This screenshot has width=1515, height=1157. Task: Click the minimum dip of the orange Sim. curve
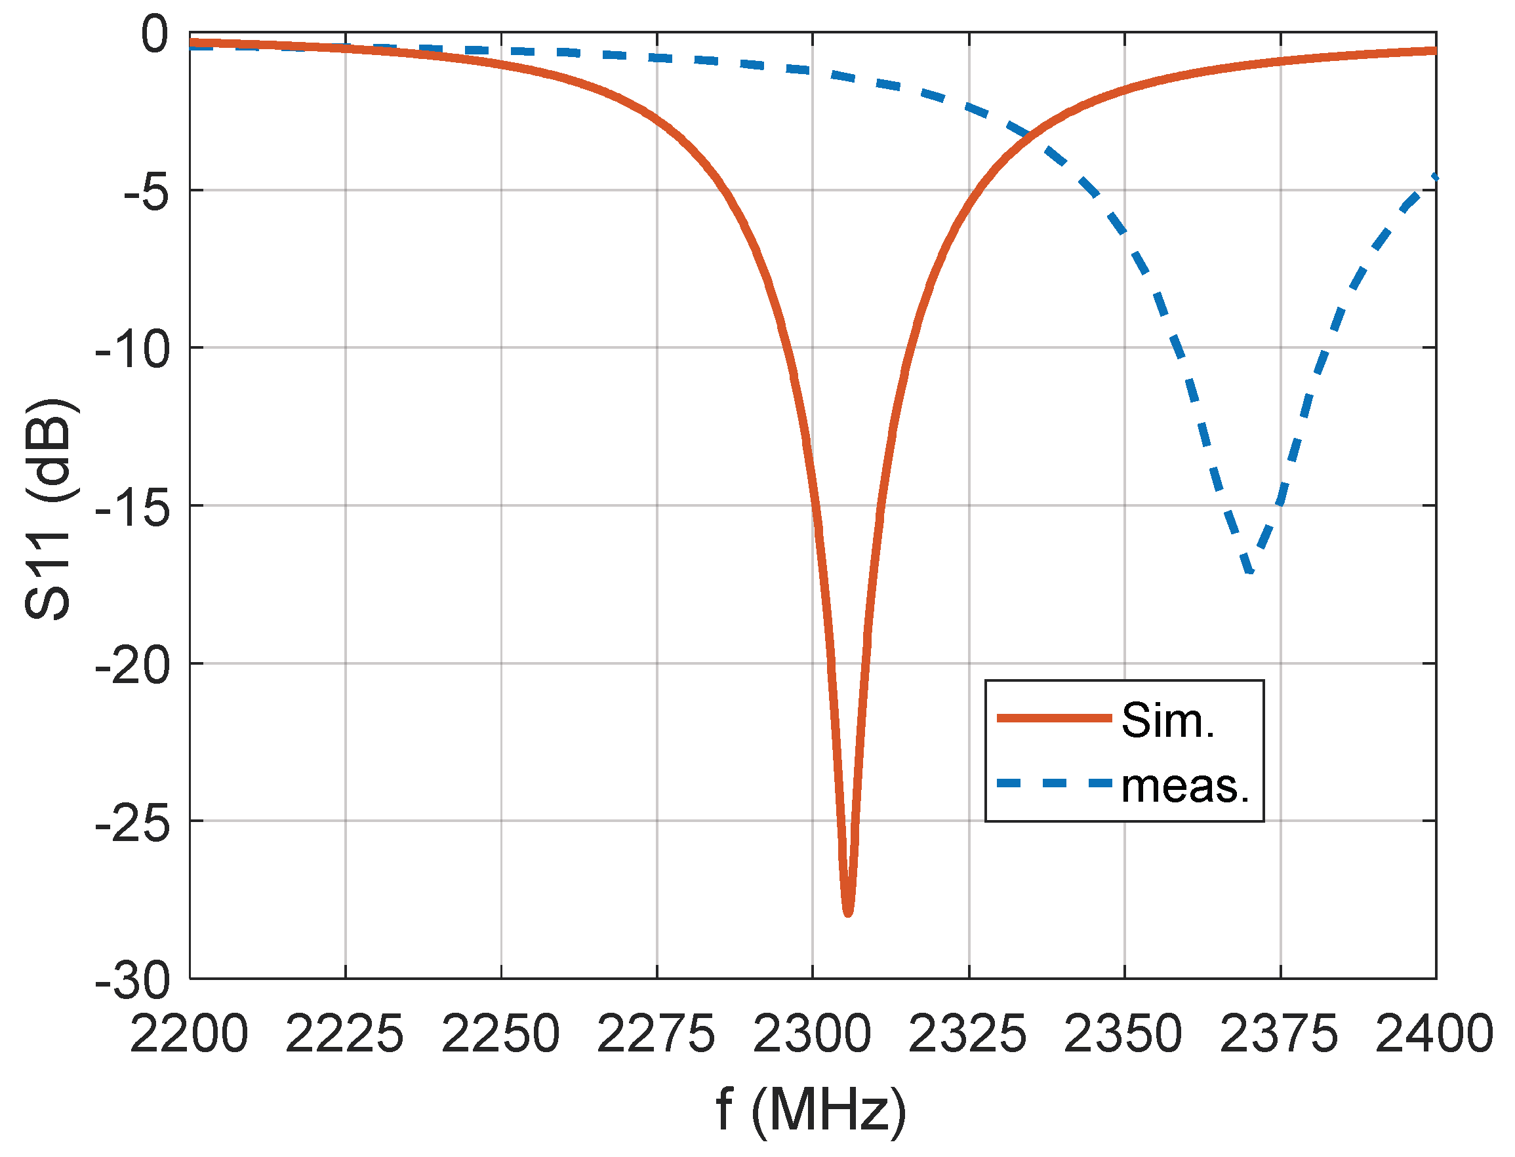tap(848, 913)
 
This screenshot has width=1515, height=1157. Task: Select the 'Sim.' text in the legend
tap(1169, 721)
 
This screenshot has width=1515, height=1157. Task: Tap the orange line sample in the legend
tap(1055, 718)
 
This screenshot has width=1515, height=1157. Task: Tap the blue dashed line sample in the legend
tap(1055, 783)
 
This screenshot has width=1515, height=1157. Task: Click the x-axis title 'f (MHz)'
tap(811, 1110)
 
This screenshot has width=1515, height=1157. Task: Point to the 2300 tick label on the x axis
tap(813, 1034)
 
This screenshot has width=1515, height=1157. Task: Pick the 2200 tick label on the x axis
tap(189, 1034)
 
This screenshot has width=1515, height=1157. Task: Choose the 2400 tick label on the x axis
tap(1434, 1034)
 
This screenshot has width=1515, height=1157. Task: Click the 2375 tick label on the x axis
tap(1279, 1034)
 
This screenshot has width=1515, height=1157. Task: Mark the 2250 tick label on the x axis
tap(500, 1034)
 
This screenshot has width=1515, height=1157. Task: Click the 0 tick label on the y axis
tap(154, 35)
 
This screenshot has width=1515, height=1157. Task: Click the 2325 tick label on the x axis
tap(968, 1034)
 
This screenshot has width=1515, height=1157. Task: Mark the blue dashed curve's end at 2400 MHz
tap(1435, 178)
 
